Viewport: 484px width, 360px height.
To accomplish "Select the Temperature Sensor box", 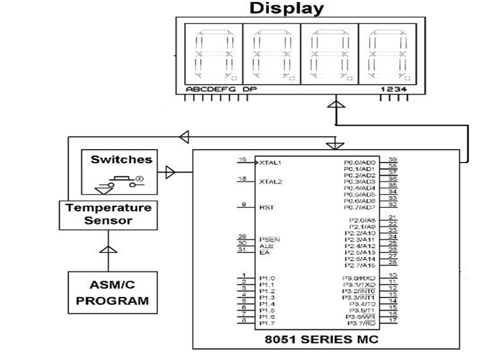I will coord(108,214).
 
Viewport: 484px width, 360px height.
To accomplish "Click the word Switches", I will coord(121,159).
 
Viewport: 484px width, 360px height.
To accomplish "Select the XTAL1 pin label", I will coord(270,162).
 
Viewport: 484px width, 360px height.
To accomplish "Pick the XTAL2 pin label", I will coord(270,182).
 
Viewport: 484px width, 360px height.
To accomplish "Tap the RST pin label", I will coord(266,208).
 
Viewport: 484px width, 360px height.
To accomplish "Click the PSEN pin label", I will coord(269,239).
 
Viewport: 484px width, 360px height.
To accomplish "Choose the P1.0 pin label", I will coord(266,278).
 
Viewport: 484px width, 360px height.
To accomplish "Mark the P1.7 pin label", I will coord(266,323).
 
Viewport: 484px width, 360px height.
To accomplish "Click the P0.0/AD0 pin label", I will coord(360,162).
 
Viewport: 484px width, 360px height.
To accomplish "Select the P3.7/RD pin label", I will coord(362,323).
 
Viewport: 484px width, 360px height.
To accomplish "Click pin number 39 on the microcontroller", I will coord(393,159).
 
